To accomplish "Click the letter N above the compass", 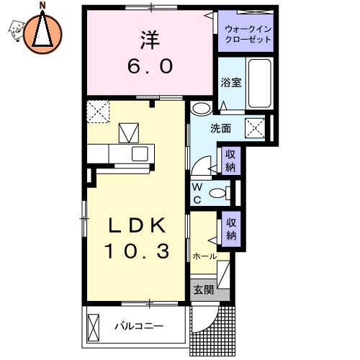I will pyautogui.click(x=42, y=6).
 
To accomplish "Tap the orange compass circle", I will pyautogui.click(x=42, y=33).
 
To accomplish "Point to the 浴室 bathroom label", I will pyautogui.click(x=230, y=82).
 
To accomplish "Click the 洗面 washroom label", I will pyautogui.click(x=220, y=129).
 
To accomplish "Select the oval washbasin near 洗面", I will pyautogui.click(x=201, y=109).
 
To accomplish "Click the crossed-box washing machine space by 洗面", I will pyautogui.click(x=256, y=128).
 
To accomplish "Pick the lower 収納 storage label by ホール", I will pyautogui.click(x=230, y=229).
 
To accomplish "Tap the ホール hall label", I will pyautogui.click(x=204, y=256).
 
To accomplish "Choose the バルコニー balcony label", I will pyautogui.click(x=139, y=326).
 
